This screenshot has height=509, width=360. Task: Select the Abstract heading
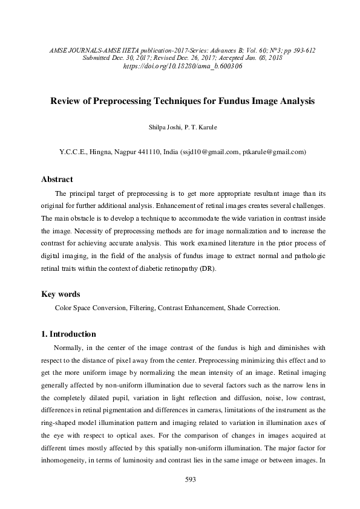pyautogui.click(x=57, y=180)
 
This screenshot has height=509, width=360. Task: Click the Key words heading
pyautogui.click(x=60, y=294)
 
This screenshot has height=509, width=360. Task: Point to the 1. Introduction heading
pyautogui.click(x=68, y=334)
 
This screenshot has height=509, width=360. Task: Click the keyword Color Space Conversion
pyautogui.click(x=90, y=308)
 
